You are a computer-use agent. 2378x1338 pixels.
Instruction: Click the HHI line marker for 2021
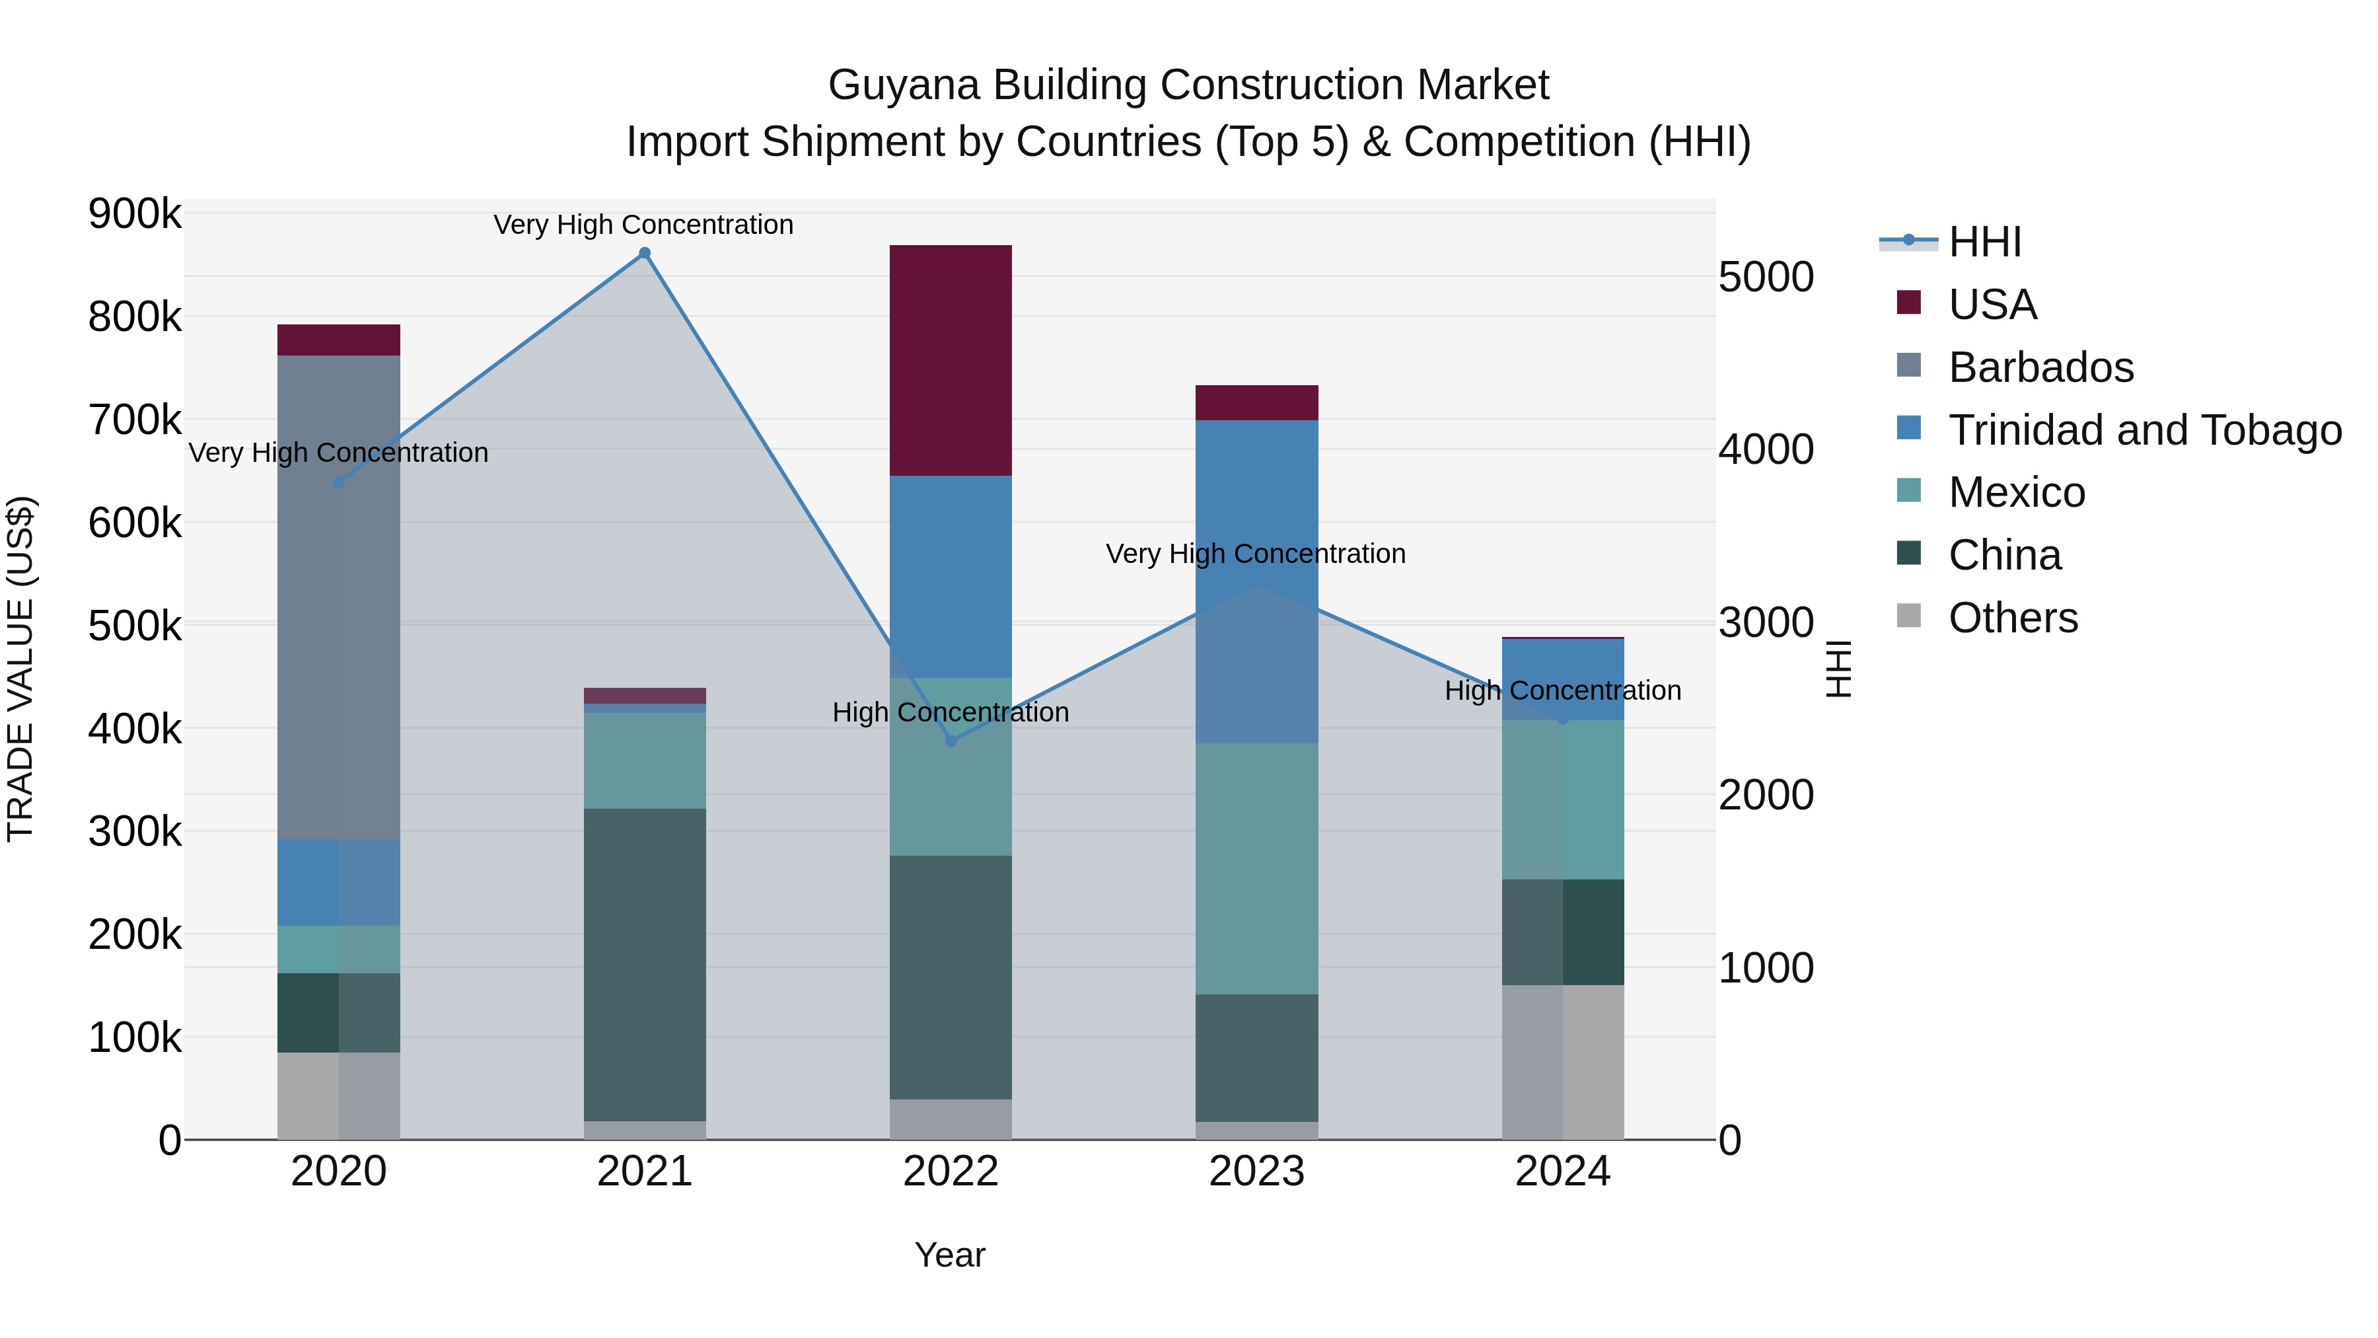coord(644,253)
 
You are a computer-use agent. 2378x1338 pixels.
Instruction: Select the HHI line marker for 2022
coord(951,741)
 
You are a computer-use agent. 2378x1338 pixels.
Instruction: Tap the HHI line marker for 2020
coord(339,482)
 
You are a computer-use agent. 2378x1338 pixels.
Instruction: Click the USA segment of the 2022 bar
coord(951,360)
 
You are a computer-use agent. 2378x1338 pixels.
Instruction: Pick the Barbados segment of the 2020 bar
coord(339,597)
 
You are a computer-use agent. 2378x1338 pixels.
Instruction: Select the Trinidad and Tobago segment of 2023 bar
coord(1256,581)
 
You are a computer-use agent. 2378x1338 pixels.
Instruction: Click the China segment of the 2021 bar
coord(644,964)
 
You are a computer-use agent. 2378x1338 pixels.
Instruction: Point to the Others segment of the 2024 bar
coord(1563,1062)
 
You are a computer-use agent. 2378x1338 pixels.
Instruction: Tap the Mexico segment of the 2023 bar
coord(1256,868)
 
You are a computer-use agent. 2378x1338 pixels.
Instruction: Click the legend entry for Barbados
coord(2041,367)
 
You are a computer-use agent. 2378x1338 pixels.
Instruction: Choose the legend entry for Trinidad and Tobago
coord(2144,430)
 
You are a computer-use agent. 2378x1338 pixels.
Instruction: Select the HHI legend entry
coord(1985,242)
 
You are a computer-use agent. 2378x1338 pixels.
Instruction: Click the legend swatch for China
coord(1908,554)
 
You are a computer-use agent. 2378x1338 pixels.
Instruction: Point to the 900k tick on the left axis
coord(135,214)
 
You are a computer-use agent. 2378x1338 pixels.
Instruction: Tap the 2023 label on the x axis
coord(1256,1171)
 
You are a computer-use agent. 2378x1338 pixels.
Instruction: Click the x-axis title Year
coord(950,1255)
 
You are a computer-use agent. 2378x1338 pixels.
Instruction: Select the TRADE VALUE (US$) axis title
coord(20,669)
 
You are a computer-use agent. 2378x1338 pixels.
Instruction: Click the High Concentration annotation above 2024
coord(1563,690)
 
